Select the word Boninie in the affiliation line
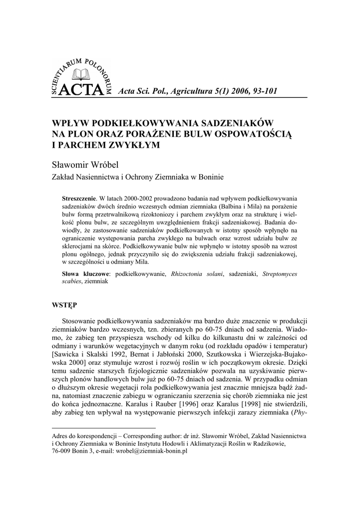pos(211,177)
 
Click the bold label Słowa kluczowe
pos(86,274)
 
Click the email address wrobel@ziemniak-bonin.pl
pos(151,451)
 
